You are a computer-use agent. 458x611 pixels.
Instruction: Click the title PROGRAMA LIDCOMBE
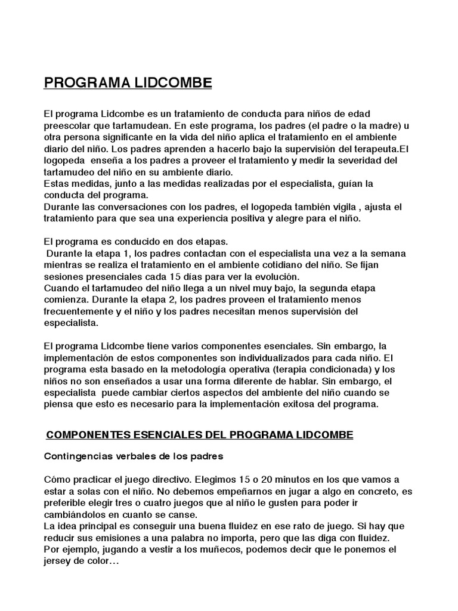(128, 82)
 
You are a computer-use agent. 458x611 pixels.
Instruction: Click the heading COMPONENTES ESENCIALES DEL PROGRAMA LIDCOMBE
(199, 436)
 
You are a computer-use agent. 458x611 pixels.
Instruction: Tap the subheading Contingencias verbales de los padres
(134, 457)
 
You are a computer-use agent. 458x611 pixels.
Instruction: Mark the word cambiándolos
(75, 514)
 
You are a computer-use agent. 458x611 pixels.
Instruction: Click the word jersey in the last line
(60, 561)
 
